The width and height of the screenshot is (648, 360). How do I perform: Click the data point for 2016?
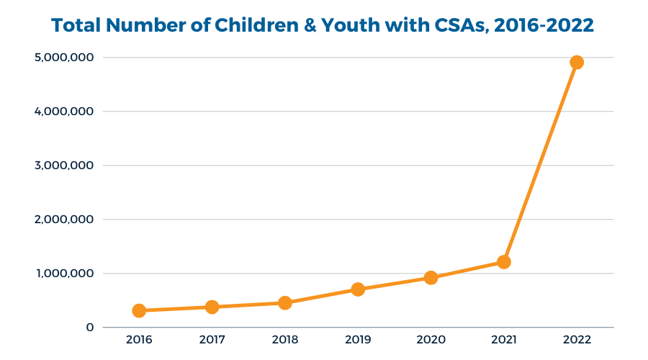(x=139, y=310)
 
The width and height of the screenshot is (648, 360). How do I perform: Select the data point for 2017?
(x=212, y=307)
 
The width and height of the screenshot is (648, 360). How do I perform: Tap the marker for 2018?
(x=284, y=302)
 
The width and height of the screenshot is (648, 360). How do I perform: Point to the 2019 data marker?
(x=358, y=289)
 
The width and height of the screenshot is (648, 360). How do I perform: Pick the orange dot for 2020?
(x=431, y=277)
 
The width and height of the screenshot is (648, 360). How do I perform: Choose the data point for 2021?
(x=504, y=262)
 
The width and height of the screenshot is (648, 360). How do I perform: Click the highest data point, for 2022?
(x=576, y=62)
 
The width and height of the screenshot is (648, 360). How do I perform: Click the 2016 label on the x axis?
(x=139, y=340)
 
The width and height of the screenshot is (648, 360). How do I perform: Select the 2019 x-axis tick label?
(x=358, y=340)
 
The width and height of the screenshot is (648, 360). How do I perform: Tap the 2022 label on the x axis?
(x=577, y=340)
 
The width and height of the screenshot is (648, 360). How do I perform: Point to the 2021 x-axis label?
(x=504, y=340)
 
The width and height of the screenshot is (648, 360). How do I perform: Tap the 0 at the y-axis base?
(x=90, y=328)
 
